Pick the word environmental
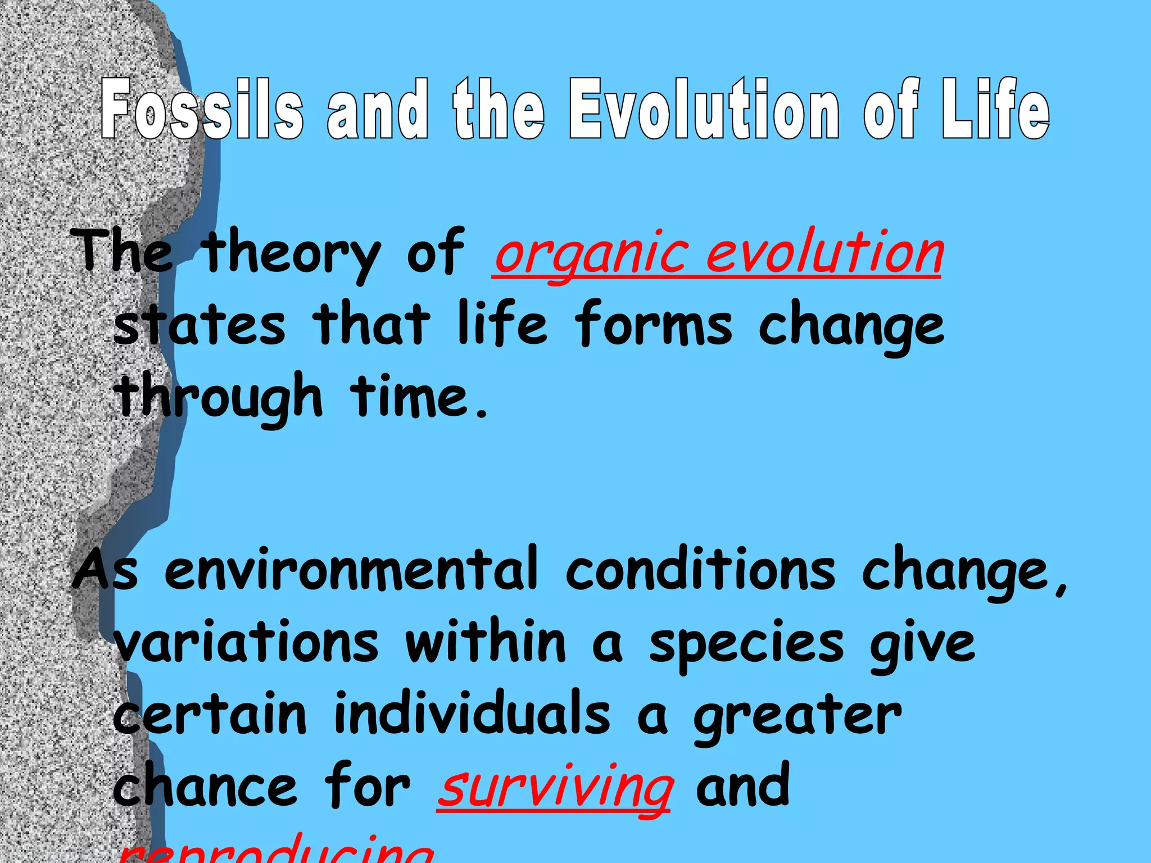coord(351,570)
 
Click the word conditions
coord(700,570)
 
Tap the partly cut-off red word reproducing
coord(275,851)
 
